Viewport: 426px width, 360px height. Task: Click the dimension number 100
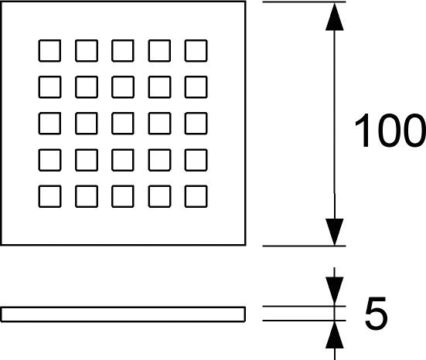390,131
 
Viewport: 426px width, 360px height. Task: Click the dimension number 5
376,313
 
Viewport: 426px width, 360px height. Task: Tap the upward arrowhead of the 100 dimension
335,16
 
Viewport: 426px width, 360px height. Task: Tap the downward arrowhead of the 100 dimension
335,232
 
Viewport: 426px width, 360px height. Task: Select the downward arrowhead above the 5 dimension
335,290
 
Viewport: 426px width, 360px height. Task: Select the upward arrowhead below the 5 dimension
335,335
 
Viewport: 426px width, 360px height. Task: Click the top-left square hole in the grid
49,50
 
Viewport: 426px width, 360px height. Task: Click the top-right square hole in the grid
196,50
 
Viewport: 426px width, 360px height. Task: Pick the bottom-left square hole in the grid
49,196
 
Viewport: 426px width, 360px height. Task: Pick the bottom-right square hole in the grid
196,196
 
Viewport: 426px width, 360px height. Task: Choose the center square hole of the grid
123,124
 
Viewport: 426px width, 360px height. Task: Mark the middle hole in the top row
123,50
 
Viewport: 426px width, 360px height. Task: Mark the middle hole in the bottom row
123,196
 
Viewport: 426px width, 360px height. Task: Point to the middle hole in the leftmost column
49,124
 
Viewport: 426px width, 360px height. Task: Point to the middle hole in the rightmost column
196,124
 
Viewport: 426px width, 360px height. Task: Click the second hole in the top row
87,50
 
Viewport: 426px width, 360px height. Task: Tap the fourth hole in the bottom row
159,196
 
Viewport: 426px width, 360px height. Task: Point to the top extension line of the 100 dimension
304,2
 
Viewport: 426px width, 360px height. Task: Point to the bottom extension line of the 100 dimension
304,246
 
